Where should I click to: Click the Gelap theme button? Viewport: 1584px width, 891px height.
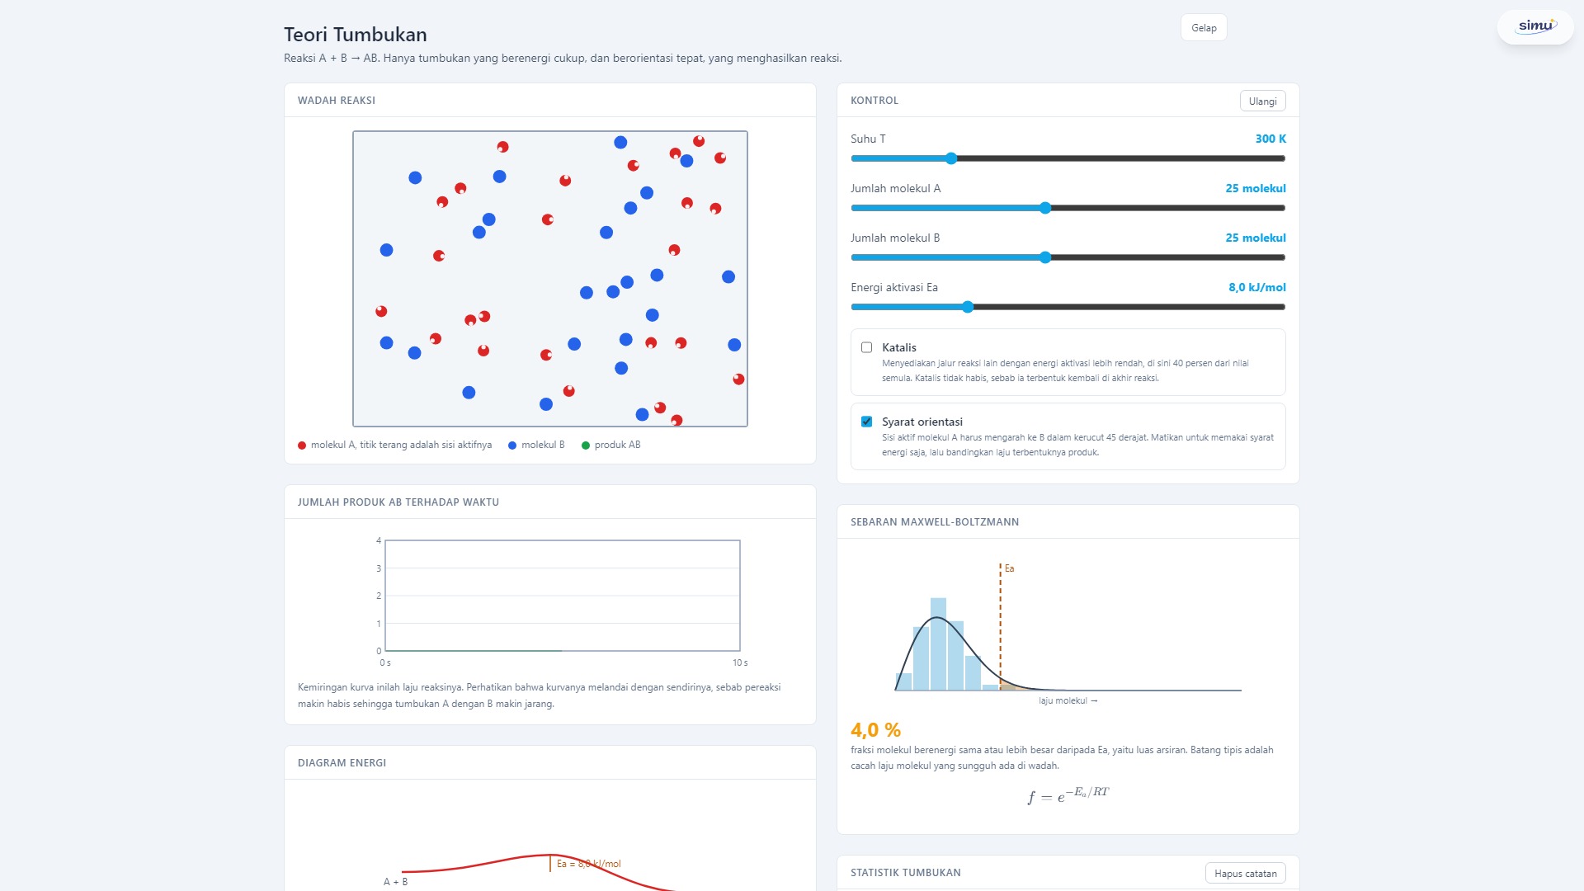pos(1204,28)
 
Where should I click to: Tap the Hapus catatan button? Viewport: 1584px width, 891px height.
pos(1245,873)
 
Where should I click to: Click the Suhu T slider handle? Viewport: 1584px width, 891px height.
pos(951,158)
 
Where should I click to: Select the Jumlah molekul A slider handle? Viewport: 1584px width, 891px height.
pos(1045,208)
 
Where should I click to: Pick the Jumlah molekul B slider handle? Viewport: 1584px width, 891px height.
pos(1045,257)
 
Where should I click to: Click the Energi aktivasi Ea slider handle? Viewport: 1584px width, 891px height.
pos(968,307)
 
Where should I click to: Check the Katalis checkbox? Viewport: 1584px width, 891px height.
pos(866,347)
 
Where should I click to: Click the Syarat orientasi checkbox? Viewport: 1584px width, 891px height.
pos(866,422)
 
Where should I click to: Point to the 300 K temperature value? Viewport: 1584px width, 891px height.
pos(1270,139)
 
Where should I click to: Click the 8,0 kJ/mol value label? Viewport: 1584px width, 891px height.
pos(1257,287)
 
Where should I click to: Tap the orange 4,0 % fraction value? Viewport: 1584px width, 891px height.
pos(875,730)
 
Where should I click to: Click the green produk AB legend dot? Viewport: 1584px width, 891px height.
pos(586,445)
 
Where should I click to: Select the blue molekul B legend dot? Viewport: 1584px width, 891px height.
pos(512,445)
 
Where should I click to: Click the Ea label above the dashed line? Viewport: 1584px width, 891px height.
pos(1009,568)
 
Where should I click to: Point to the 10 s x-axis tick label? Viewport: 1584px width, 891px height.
pos(740,663)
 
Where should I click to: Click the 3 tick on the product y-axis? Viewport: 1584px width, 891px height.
pos(379,568)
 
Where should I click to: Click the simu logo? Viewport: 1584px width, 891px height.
pos(1536,26)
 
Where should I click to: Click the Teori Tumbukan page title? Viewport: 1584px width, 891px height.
pos(356,35)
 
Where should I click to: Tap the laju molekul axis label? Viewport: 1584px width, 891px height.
pos(1068,701)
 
